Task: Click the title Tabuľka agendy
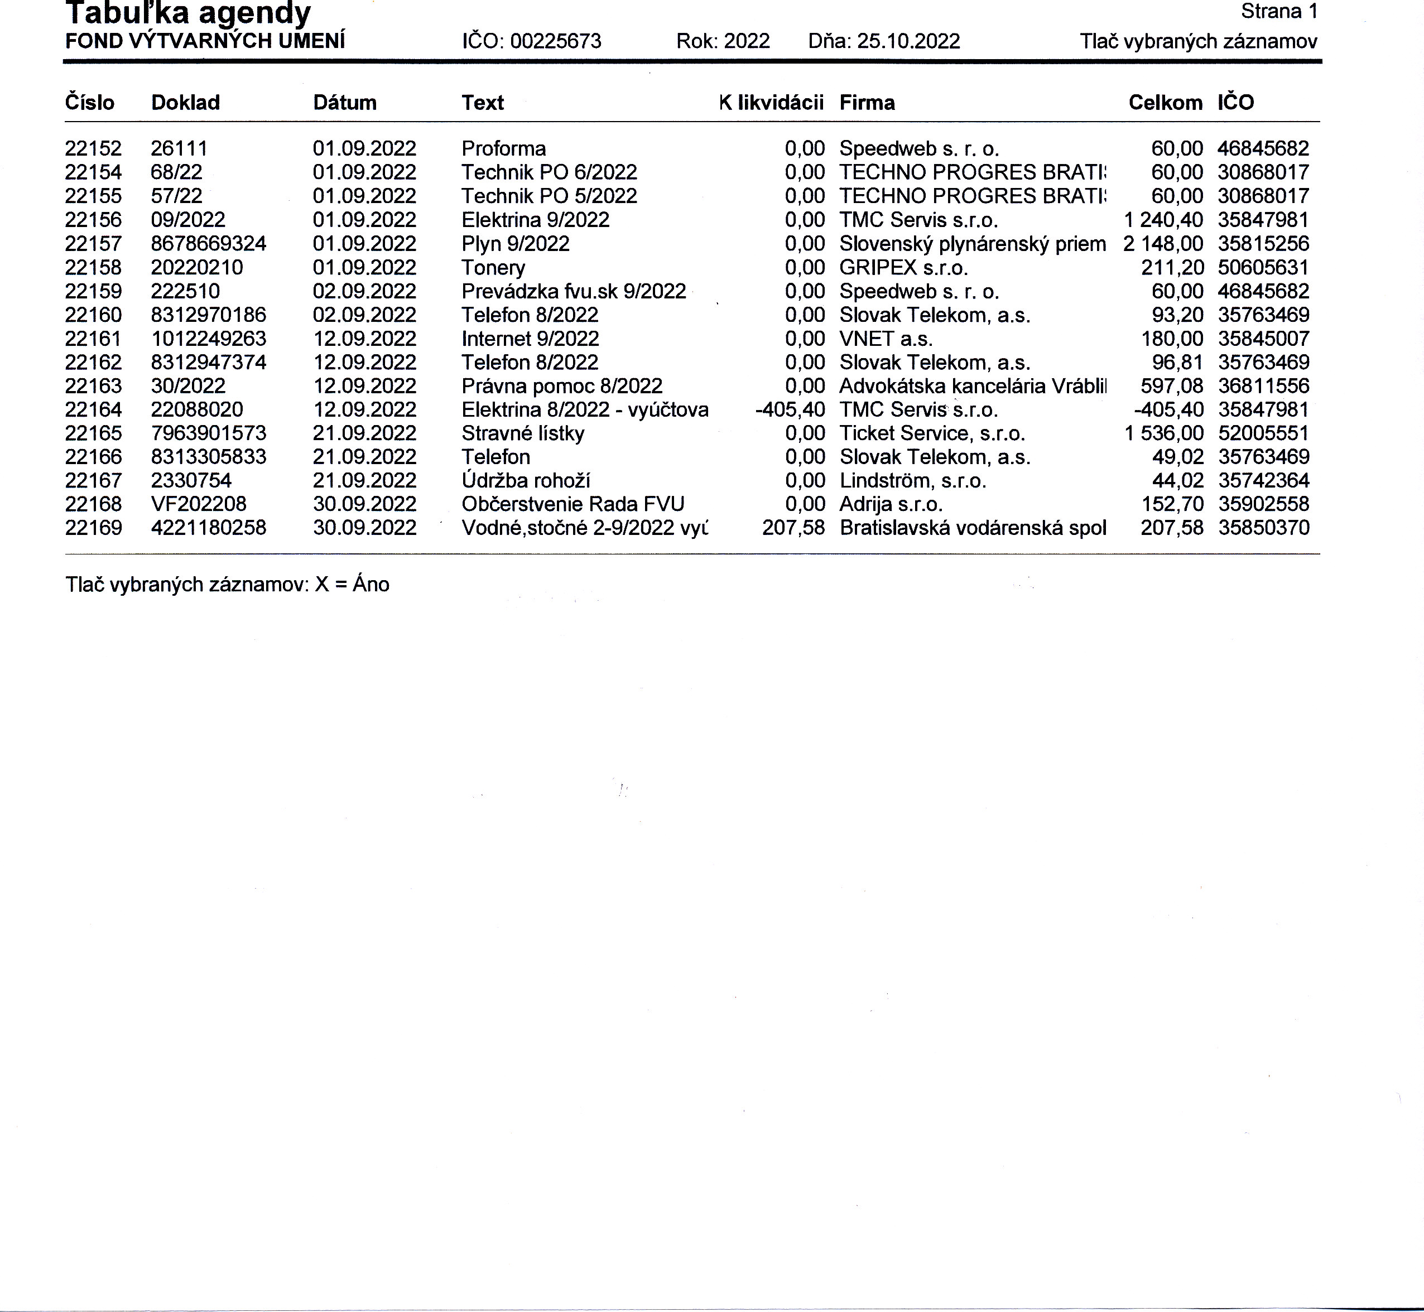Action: (x=188, y=13)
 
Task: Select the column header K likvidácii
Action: (x=771, y=103)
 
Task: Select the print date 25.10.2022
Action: (x=908, y=41)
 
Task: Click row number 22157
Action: (x=93, y=244)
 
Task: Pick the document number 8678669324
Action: (x=208, y=244)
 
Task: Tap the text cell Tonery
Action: (x=493, y=268)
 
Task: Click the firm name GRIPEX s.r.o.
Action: (x=903, y=268)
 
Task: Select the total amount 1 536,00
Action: (x=1163, y=433)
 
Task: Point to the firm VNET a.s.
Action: (x=886, y=339)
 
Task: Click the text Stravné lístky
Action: (x=523, y=433)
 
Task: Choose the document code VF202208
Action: (x=198, y=504)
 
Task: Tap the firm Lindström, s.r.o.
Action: (x=913, y=481)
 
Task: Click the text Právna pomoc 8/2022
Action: (x=562, y=386)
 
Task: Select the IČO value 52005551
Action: (x=1263, y=433)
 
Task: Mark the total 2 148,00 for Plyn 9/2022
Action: (x=1163, y=244)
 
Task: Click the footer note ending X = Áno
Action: (x=227, y=584)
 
